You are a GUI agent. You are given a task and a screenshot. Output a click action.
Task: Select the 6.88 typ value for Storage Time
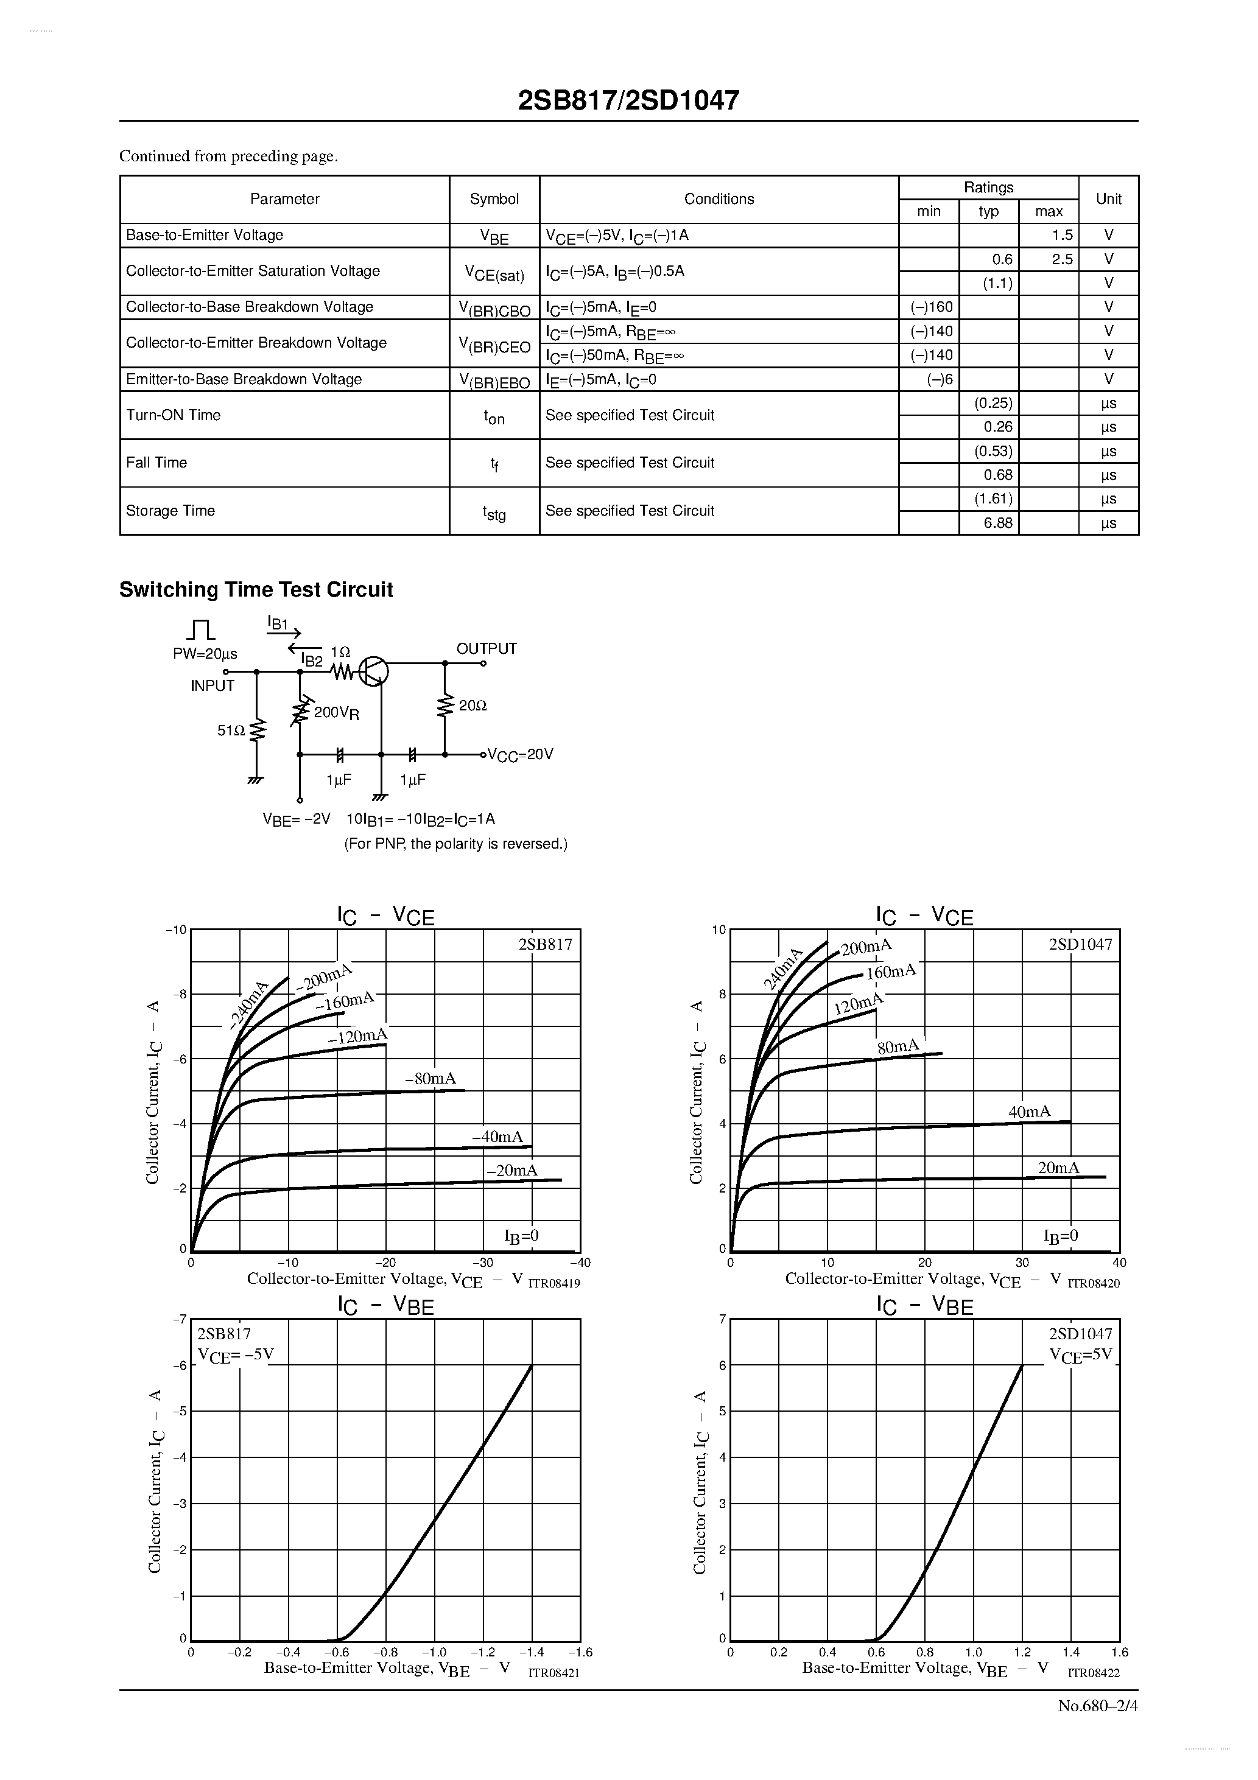pos(997,522)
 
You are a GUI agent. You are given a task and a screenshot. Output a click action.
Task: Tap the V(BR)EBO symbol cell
pos(494,380)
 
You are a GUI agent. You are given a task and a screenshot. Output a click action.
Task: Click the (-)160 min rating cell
pos(930,307)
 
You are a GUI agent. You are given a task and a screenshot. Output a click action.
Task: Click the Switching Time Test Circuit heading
pos(256,590)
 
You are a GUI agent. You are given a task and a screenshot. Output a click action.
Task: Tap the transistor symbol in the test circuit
pos(374,671)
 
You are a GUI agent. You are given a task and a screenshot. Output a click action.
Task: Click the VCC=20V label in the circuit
pos(519,754)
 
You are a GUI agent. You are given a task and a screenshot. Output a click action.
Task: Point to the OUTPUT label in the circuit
pos(487,649)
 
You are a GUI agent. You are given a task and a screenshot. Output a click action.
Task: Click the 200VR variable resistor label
pos(336,712)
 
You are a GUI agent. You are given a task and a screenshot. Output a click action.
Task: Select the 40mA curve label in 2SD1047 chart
pos(1029,1112)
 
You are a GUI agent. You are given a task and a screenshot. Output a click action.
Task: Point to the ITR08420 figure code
pos(1094,1284)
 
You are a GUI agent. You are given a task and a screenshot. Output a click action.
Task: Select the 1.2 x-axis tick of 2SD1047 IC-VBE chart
pos(1022,1652)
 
